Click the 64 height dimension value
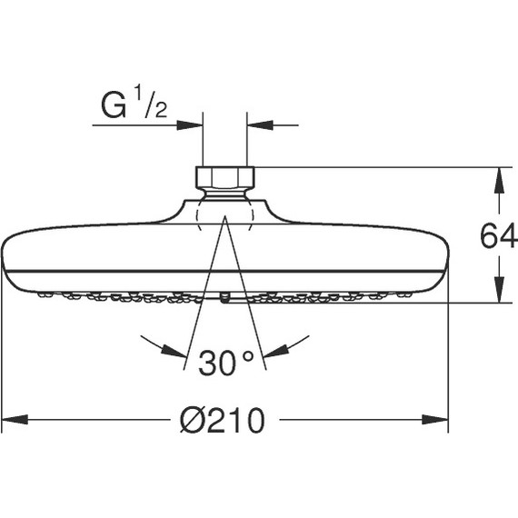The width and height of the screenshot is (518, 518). click(498, 237)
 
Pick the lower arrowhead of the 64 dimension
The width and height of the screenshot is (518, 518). click(498, 292)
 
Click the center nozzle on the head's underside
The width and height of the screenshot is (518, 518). click(224, 298)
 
